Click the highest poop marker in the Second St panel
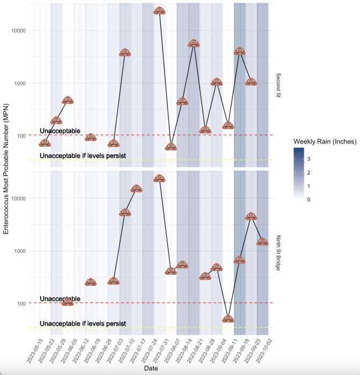tap(159, 10)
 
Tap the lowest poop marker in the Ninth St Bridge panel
tap(228, 319)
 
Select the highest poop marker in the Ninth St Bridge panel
tap(159, 178)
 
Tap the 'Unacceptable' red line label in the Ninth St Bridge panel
tap(60, 298)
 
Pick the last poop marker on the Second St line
tap(251, 82)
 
